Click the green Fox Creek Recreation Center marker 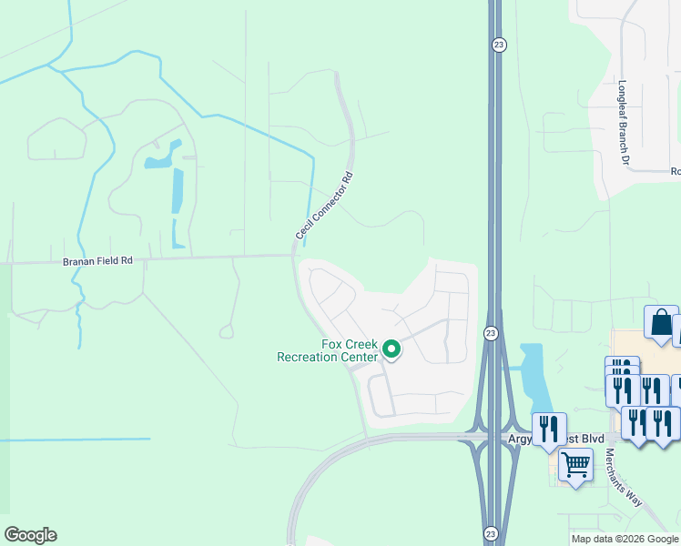(392, 349)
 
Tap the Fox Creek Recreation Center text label (327, 350)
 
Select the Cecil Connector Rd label (323, 207)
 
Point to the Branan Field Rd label (97, 261)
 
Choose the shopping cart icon (575, 465)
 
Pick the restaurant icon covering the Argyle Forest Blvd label (549, 428)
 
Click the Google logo (30, 535)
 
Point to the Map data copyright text (625, 539)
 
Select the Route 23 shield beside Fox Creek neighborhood (490, 335)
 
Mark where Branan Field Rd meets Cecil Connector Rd (294, 256)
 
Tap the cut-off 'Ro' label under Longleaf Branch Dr (676, 171)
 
